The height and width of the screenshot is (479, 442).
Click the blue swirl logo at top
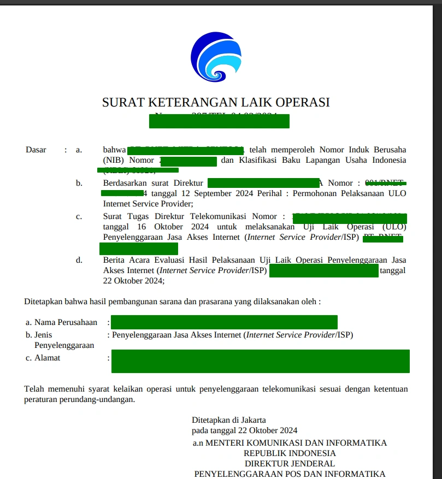216,57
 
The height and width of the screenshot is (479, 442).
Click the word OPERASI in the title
302,102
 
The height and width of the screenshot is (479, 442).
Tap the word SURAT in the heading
121,102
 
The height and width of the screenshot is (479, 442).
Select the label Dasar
36,150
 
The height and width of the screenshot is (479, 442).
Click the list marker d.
79,260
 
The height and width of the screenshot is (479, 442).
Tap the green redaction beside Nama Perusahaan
224,322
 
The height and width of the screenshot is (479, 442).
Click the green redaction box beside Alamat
260,362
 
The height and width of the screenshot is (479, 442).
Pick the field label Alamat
48,358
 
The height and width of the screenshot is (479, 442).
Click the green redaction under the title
219,121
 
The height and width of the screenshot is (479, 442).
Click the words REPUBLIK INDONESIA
290,453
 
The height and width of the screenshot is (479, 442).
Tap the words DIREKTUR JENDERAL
290,464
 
